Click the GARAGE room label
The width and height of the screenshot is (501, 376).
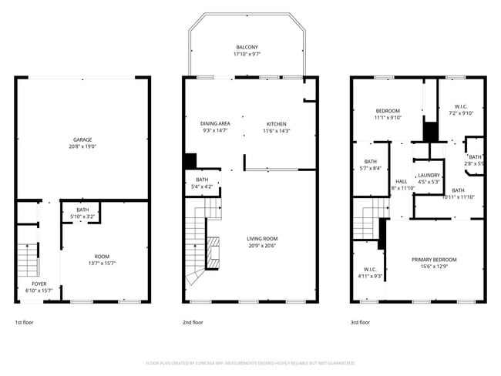point(83,139)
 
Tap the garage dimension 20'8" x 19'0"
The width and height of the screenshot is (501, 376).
point(83,146)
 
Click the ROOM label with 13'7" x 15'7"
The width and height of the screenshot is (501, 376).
point(103,257)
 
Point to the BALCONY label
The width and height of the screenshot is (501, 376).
point(248,46)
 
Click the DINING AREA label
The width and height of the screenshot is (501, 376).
point(215,123)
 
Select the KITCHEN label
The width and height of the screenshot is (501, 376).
point(276,123)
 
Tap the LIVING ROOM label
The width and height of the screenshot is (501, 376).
point(262,238)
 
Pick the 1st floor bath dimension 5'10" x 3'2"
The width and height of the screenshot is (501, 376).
point(82,217)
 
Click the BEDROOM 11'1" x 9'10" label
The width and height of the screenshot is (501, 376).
point(387,111)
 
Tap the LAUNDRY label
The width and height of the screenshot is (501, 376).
point(429,176)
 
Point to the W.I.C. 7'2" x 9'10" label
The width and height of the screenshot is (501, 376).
point(462,107)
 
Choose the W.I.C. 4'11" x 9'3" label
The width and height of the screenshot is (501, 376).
point(370,270)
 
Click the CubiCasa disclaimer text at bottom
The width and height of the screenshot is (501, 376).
point(250,362)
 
